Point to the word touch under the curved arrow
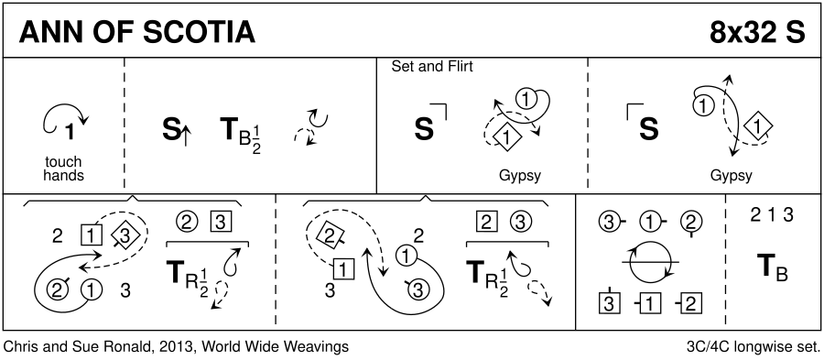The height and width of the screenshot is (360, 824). [x=63, y=162]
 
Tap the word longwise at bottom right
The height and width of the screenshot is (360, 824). [x=766, y=347]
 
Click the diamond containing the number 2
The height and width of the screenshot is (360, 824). [x=329, y=235]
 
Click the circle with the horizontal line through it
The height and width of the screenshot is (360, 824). [x=651, y=262]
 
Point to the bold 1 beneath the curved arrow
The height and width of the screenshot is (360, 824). [x=69, y=133]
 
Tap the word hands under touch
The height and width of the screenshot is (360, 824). [x=63, y=175]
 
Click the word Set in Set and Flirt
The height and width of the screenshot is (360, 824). [x=401, y=67]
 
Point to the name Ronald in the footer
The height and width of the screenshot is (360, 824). [x=125, y=347]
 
